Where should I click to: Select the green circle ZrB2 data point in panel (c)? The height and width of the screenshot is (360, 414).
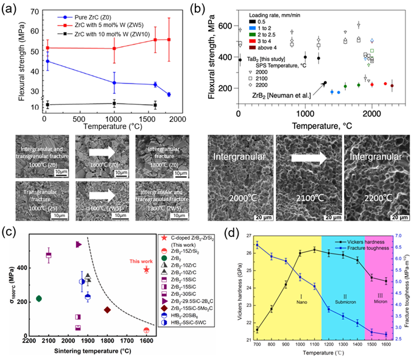38,298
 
